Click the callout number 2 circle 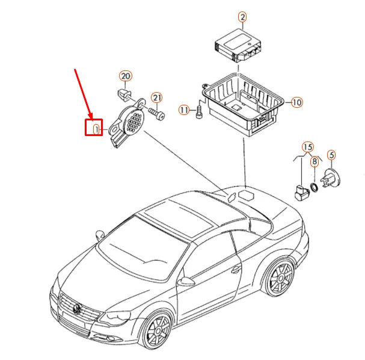(x=242, y=18)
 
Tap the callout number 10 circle (x=296, y=102)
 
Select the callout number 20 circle (x=124, y=76)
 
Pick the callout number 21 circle (x=156, y=98)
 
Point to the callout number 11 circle (x=184, y=110)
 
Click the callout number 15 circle (x=307, y=147)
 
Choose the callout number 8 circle (x=314, y=161)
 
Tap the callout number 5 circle (x=331, y=155)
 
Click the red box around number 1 (x=93, y=127)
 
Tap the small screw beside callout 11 (x=199, y=114)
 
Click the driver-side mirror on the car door (x=189, y=281)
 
